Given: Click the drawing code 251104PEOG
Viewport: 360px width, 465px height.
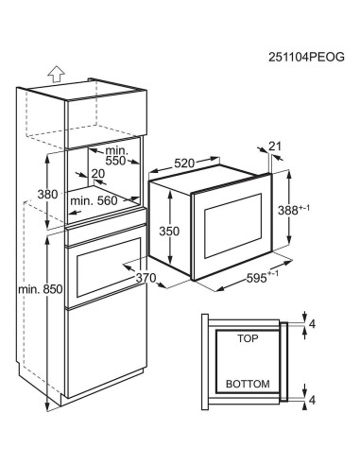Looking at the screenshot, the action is pos(306,58).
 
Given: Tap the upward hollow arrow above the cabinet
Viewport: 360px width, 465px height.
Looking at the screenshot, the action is pos(57,75).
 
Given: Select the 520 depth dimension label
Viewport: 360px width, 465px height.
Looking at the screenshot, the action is pos(184,164).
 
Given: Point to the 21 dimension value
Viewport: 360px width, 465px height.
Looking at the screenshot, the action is pos(275,146).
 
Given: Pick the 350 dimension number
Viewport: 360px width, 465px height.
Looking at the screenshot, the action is pos(169,232).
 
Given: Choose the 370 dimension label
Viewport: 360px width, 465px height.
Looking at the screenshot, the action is pos(146,278).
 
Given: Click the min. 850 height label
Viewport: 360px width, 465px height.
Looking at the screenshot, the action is pos(41,289).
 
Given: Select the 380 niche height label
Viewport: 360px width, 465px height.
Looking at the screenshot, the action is pos(47,194).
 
